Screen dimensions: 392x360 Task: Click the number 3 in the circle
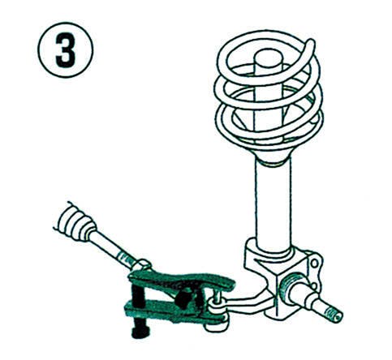(x=65, y=50)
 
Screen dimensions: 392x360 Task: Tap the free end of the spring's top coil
(x=311, y=43)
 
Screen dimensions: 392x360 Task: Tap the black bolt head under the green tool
(x=140, y=332)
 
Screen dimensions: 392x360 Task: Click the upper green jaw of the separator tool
(x=182, y=281)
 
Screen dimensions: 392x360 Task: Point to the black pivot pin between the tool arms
(x=184, y=297)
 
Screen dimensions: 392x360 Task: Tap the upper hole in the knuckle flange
(x=315, y=263)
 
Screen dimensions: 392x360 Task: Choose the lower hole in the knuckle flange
(x=313, y=286)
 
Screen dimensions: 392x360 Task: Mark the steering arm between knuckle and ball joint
(x=248, y=302)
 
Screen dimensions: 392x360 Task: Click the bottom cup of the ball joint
(x=216, y=326)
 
